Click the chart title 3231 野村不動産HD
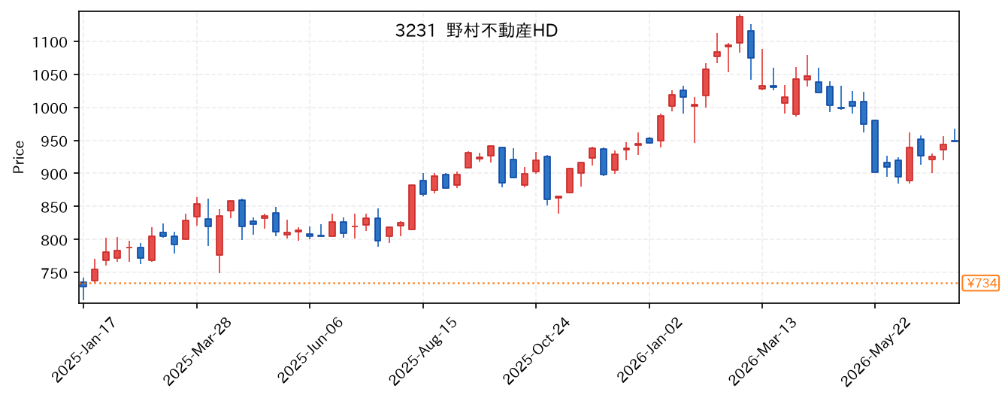(x=476, y=31)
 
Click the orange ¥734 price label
(x=980, y=284)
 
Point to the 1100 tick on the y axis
(x=50, y=42)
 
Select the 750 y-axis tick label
(x=54, y=274)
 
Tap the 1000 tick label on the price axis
(x=50, y=108)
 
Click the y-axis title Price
(x=19, y=156)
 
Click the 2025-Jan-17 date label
(x=84, y=350)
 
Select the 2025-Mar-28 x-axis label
(x=197, y=351)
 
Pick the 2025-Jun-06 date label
(x=310, y=351)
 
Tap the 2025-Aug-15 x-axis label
(x=423, y=351)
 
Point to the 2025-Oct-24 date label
(x=536, y=351)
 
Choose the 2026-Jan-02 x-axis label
(x=649, y=351)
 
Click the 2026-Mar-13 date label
(x=762, y=351)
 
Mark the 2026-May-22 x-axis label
(x=875, y=351)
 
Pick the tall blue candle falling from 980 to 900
(x=875, y=147)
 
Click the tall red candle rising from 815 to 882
(x=412, y=207)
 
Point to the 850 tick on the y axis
(x=54, y=207)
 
